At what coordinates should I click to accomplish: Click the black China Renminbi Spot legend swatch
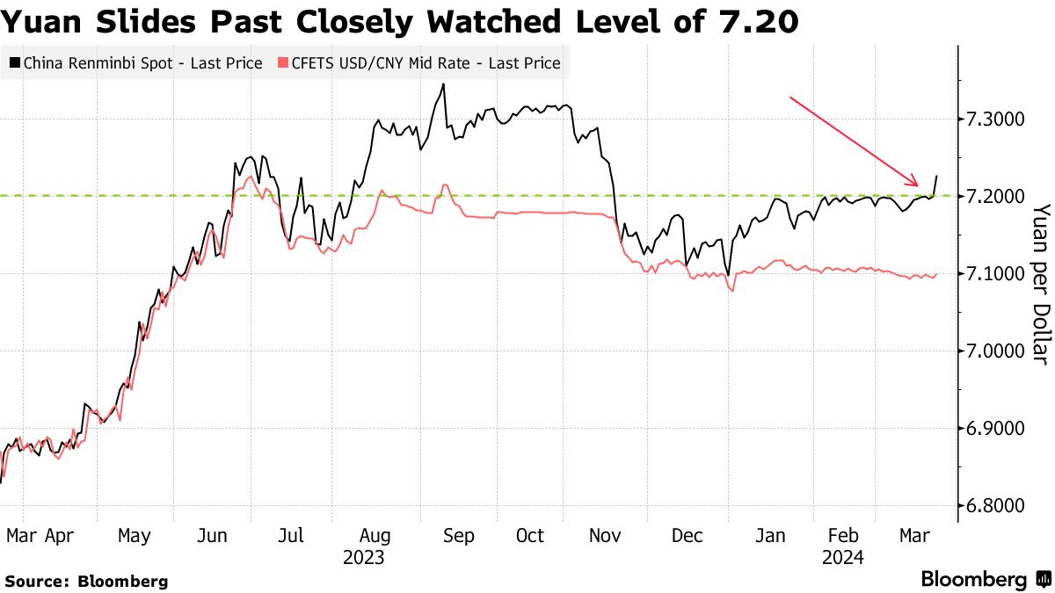(x=14, y=63)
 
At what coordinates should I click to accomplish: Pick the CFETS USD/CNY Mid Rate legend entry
(x=418, y=63)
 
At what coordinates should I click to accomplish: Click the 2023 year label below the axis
(x=363, y=557)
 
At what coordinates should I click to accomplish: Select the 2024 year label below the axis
(x=842, y=557)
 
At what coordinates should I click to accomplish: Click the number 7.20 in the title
(x=760, y=22)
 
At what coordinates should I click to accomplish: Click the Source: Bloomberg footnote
(x=86, y=581)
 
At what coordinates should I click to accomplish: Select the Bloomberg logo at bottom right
(x=985, y=579)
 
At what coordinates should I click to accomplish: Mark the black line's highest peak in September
(x=443, y=84)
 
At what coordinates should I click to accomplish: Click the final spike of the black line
(x=937, y=176)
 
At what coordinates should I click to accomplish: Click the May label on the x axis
(x=134, y=535)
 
